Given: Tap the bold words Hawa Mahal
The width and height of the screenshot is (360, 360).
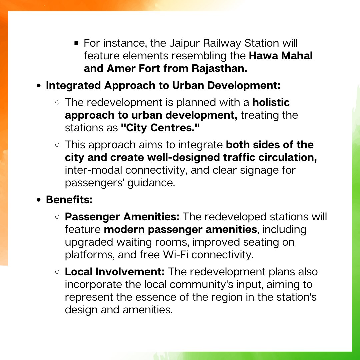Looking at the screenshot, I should (281, 56).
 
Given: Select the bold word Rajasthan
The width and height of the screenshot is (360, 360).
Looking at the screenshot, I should (219, 68).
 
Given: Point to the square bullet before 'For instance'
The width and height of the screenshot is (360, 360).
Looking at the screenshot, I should (76, 43).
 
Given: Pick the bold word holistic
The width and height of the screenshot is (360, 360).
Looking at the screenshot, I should (271, 102).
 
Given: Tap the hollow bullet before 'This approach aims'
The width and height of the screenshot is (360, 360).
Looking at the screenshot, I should (57, 145).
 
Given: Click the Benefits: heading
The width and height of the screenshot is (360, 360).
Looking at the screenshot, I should (69, 200).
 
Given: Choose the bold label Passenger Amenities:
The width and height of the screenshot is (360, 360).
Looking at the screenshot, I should (122, 217).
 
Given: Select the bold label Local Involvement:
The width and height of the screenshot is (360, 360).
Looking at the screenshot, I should (115, 272).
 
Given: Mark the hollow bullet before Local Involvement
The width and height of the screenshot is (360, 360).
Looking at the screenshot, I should (57, 272).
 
